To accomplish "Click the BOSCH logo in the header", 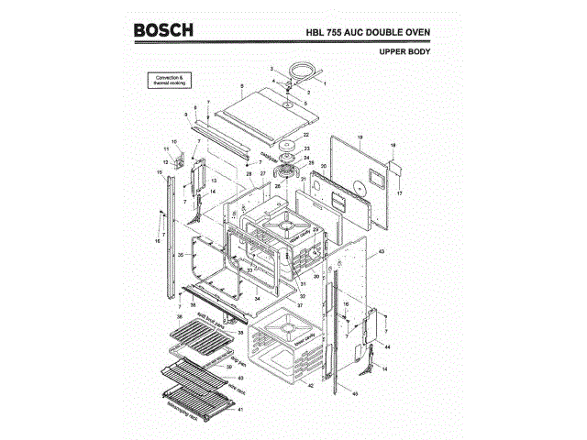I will [x=164, y=30].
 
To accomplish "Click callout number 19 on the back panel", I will [x=360, y=137].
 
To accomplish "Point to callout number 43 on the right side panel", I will [x=381, y=250].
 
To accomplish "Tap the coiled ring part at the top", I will [x=300, y=69].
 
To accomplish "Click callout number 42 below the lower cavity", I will [x=311, y=385].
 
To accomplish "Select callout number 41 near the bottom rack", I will [x=240, y=410].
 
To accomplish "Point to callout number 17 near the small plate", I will [x=399, y=193].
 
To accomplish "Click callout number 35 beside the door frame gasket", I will [x=181, y=253].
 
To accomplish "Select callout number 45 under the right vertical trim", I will [x=355, y=393].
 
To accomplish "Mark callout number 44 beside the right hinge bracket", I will [x=388, y=348].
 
